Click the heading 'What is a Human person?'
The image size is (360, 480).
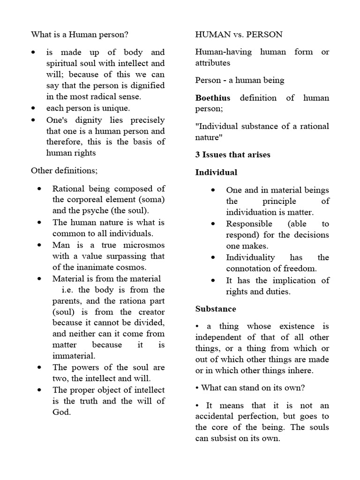(80, 35)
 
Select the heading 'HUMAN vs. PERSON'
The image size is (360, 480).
(239, 35)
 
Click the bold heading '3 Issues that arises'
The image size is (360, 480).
(232, 155)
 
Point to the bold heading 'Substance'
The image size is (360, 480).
(216, 309)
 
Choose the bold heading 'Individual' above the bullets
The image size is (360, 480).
(216, 172)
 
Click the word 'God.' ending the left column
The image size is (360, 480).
(61, 412)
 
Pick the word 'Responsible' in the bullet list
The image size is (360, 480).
(249, 224)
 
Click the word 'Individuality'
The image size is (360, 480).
(250, 257)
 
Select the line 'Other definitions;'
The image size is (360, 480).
(64, 170)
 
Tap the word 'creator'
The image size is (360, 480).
(149, 312)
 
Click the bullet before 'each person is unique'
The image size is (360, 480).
(33, 109)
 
